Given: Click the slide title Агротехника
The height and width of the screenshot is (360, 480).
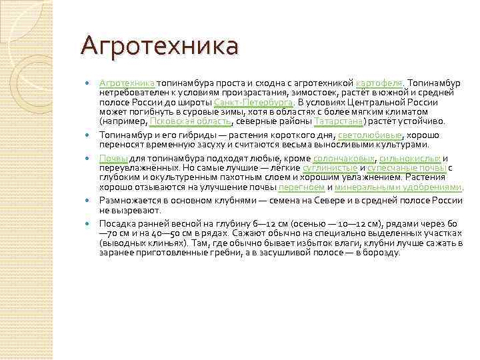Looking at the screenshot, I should click(x=159, y=47).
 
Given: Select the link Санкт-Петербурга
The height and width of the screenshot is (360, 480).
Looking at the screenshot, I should click(x=254, y=102).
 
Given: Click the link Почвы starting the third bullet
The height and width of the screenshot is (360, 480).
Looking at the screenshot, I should click(x=113, y=158).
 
